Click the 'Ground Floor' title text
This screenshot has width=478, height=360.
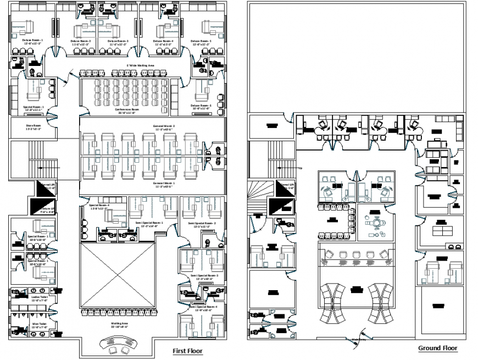[x=437, y=348]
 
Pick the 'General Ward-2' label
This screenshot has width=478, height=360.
[x=164, y=126]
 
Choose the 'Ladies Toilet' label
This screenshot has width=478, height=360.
[x=32, y=295]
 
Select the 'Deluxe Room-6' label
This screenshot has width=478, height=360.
[x=201, y=106]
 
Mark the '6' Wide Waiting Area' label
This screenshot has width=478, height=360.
[x=140, y=65]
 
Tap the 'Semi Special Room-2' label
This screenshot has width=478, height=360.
[x=202, y=223]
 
